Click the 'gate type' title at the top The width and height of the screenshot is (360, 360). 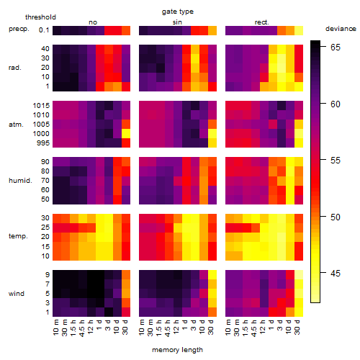pyautogui.click(x=178, y=12)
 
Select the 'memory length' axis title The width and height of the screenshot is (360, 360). pyautogui.click(x=177, y=350)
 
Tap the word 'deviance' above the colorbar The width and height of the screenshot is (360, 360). pyautogui.click(x=341, y=29)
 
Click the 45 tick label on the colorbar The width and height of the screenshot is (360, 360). pyautogui.click(x=336, y=274)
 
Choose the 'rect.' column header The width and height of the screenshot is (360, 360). pyautogui.click(x=262, y=22)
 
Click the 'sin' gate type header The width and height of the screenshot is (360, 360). pyautogui.click(x=177, y=22)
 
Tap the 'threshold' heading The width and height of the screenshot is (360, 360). pyautogui.click(x=40, y=17)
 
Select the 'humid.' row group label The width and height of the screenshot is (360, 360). pyautogui.click(x=20, y=181)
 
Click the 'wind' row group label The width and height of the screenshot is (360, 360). pyautogui.click(x=17, y=294)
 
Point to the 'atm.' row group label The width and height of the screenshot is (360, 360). pyautogui.click(x=16, y=125)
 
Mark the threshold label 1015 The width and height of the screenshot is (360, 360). pyautogui.click(x=41, y=106)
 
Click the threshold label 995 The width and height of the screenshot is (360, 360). pyautogui.click(x=43, y=143)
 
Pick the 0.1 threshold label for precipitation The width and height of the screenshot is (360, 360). pyautogui.click(x=44, y=30)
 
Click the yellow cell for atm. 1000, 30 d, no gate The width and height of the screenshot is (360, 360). pyautogui.click(x=126, y=134)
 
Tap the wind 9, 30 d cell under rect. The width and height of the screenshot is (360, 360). pyautogui.click(x=299, y=274)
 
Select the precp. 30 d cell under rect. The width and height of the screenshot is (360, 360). pyautogui.click(x=299, y=30)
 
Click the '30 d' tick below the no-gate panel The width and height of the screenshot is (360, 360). pyautogui.click(x=125, y=327)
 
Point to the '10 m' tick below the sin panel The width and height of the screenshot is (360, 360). pyautogui.click(x=143, y=327)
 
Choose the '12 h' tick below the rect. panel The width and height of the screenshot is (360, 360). pyautogui.click(x=264, y=327)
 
